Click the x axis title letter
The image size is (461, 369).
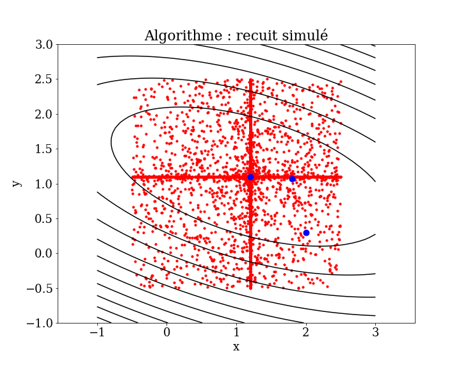point(236,347)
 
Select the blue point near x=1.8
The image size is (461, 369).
point(292,179)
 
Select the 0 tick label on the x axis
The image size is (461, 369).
point(167,333)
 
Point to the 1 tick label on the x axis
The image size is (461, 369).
point(236,333)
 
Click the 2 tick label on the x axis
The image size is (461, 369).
point(306,333)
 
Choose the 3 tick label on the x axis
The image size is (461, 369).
point(376,333)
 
